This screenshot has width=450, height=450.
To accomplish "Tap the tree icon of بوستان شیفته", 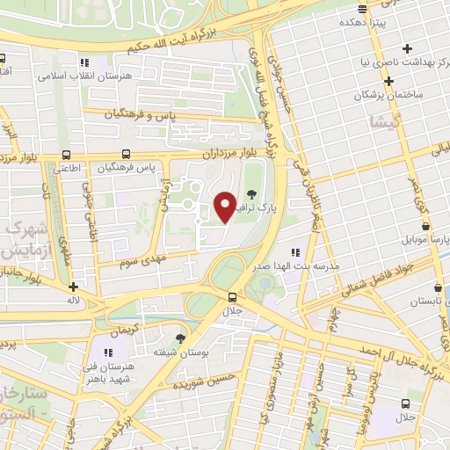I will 181,338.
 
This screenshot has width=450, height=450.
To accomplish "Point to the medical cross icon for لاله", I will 73,287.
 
